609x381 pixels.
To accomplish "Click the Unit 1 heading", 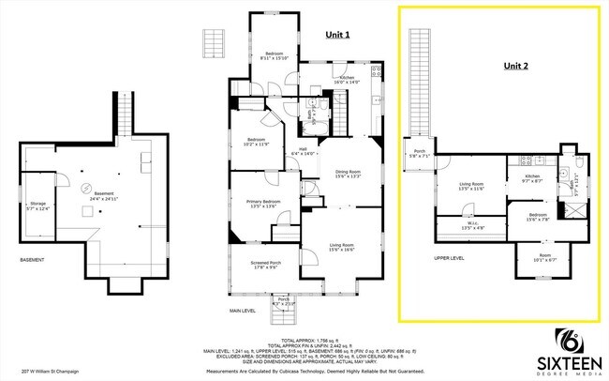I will (x=337, y=35).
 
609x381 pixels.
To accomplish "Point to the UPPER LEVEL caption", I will (x=450, y=256).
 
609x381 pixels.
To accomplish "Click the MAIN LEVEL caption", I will (x=243, y=310).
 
